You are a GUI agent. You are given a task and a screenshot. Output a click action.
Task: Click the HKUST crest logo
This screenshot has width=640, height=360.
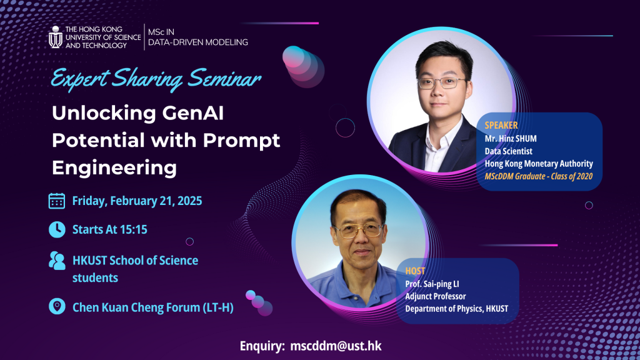coord(56,37)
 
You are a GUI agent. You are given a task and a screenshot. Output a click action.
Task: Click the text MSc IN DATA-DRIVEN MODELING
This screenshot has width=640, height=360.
coord(197,36)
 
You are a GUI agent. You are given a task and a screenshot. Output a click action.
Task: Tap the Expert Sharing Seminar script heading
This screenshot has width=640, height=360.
coord(156,80)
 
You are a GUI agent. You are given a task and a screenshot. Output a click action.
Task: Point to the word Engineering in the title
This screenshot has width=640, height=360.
coord(114,167)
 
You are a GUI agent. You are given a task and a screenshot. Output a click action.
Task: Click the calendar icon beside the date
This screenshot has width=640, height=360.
coord(57,201)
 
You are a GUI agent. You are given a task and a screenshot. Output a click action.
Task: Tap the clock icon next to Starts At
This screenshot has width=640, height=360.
coord(57,229)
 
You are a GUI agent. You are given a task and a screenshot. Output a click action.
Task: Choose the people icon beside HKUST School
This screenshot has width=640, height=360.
coord(57,261)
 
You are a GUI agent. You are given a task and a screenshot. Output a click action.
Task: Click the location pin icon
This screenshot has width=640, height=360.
coord(57,306)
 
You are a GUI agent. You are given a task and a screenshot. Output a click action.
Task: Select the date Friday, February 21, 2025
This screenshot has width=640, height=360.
coord(137,201)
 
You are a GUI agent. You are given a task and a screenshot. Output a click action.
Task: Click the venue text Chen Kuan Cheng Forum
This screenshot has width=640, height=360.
coord(152,307)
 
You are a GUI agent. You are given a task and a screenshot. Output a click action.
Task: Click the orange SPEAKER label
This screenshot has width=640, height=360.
coord(501,125)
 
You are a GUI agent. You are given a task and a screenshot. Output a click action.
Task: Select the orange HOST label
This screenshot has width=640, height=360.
coord(415,271)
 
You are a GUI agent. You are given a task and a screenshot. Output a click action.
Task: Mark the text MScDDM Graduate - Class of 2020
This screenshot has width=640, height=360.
coord(538,176)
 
